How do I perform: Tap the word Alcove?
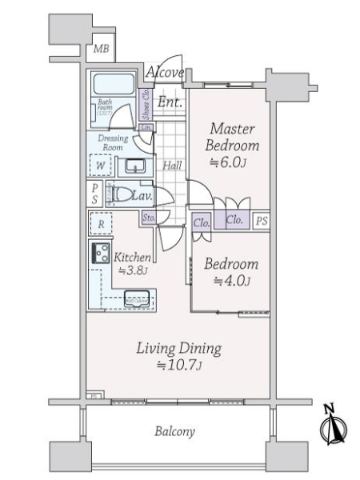tap(166, 74)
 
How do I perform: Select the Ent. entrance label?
tap(168, 102)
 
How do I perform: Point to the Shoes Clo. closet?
tap(146, 104)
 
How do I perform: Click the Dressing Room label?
tap(114, 142)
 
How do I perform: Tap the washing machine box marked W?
tap(100, 167)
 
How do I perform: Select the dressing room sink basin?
tap(134, 167)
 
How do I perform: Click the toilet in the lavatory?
tap(121, 194)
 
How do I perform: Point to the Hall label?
tap(171, 166)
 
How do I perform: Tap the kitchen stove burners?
tap(102, 254)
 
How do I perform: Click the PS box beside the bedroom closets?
tap(260, 222)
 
